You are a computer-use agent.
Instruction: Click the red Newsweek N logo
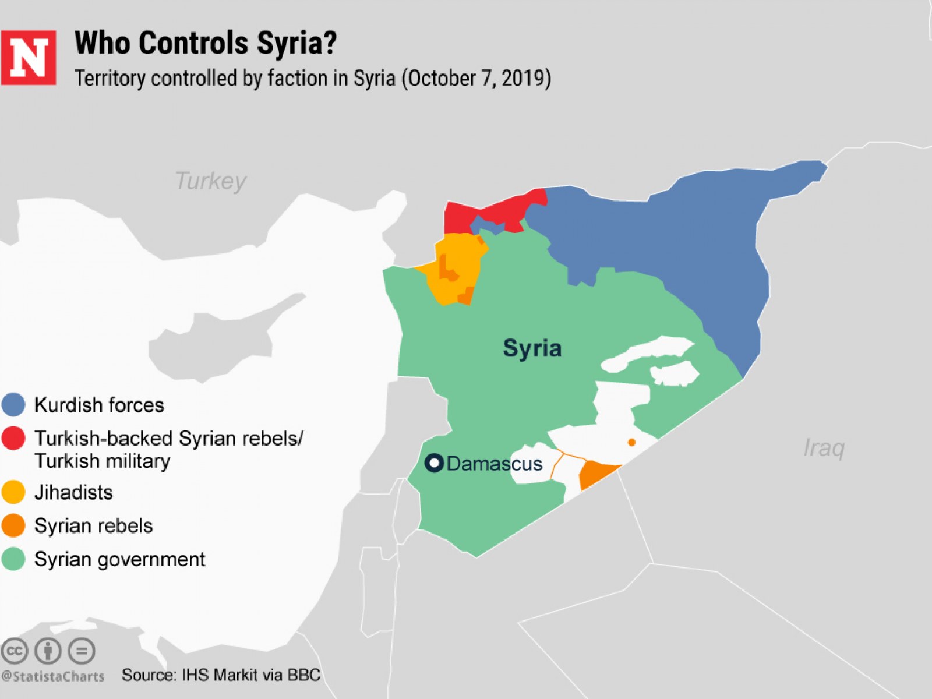point(28,58)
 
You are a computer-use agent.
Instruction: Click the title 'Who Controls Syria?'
point(205,43)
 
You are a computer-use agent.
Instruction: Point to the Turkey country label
point(210,181)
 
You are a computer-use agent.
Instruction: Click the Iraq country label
point(824,448)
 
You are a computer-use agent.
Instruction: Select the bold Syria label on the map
point(532,348)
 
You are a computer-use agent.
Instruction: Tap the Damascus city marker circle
point(434,463)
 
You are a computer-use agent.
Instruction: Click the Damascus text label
point(494,464)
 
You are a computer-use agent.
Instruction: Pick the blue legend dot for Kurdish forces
point(13,404)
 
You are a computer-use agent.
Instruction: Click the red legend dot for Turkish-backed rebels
point(13,438)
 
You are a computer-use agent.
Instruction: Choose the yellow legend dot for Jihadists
point(13,492)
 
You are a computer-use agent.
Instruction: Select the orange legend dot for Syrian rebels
point(13,525)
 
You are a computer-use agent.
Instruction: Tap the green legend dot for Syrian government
point(13,559)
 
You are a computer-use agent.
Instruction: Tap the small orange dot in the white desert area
point(631,443)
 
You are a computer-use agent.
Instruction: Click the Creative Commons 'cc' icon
point(15,651)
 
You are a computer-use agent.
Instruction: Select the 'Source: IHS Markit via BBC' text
point(221,675)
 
